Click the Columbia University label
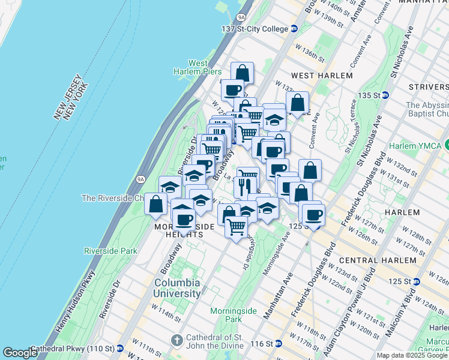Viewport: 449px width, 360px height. coord(177,288)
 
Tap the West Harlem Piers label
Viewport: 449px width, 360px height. coord(198,68)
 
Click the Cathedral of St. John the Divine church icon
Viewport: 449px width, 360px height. coord(176,340)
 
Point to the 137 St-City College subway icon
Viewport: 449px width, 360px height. coord(294,29)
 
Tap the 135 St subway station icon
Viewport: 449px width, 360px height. coord(385,95)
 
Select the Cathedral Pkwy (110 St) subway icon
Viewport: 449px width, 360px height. coord(120,348)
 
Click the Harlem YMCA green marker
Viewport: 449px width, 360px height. coord(446,146)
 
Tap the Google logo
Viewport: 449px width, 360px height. coord(20,353)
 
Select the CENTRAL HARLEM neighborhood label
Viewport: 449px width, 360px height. coord(377,260)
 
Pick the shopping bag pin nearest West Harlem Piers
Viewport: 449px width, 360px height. coord(242,74)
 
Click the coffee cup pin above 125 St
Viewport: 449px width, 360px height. coord(313,214)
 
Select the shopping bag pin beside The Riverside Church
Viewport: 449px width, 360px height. coord(156,204)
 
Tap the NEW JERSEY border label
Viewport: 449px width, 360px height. coord(67,100)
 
